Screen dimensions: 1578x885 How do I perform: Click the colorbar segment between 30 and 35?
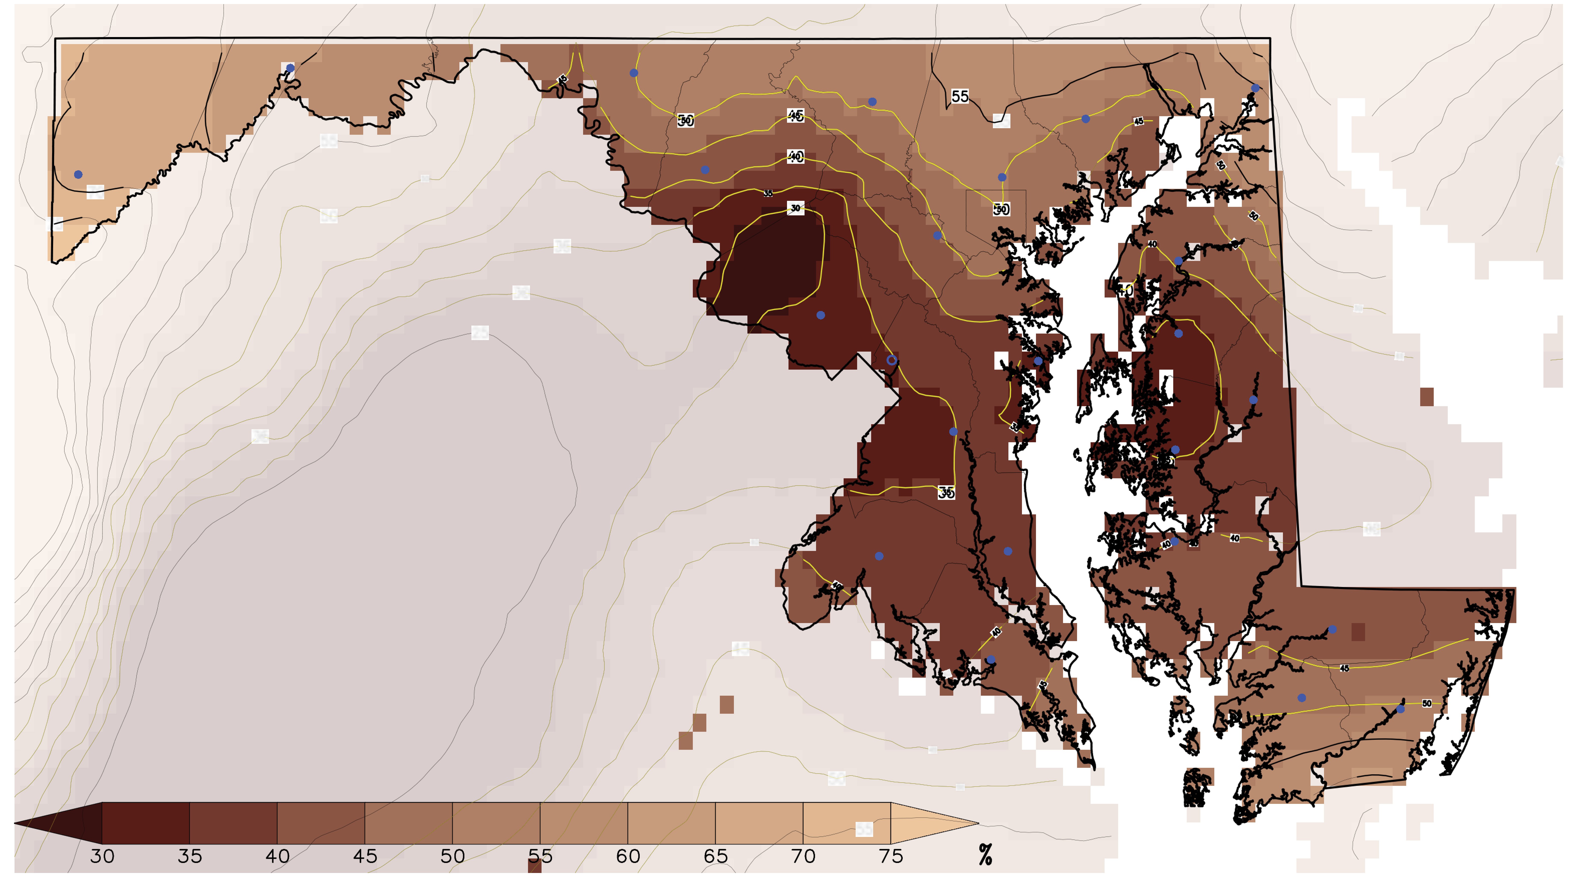pos(146,823)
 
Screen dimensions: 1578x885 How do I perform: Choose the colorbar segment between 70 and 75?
pos(847,823)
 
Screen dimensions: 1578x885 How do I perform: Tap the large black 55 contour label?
pos(960,96)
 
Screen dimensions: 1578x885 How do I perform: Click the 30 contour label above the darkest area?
pos(795,208)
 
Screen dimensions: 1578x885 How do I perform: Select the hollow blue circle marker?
pos(892,360)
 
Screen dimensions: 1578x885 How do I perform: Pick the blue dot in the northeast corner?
pos(1255,88)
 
